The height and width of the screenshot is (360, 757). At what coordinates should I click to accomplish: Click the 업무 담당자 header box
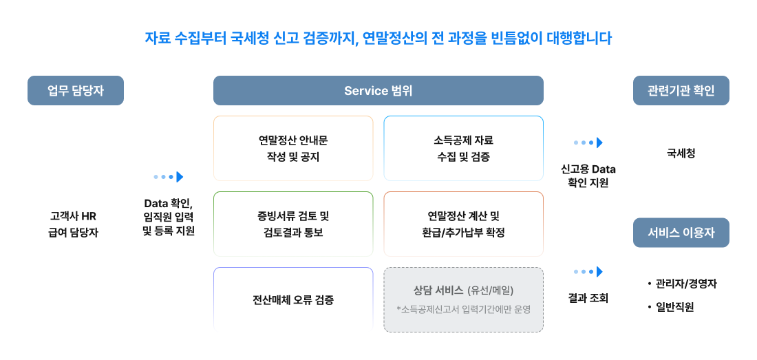coord(75,90)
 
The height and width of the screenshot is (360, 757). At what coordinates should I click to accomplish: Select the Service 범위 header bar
coord(378,90)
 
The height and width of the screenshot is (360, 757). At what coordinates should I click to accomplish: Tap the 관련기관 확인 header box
coord(681,90)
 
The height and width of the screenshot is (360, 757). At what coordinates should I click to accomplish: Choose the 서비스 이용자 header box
coord(681,233)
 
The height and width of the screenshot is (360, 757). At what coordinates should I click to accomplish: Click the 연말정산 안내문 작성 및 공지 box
coord(293,148)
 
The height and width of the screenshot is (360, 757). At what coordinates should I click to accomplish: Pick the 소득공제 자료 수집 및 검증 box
coord(463,148)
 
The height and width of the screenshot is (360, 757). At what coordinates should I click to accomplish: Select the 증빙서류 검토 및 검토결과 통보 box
coord(293,224)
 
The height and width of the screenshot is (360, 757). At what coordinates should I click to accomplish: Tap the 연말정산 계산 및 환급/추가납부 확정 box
coord(463,224)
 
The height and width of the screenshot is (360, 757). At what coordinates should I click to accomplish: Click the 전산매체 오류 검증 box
coord(293,299)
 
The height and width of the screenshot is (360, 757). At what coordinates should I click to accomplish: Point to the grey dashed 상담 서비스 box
coord(463,299)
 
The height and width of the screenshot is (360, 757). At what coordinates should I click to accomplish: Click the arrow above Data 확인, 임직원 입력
coord(169,177)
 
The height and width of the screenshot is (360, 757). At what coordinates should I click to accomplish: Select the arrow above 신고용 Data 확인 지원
coord(588,142)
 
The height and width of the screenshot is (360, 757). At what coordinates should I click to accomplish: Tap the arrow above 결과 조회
coord(588,272)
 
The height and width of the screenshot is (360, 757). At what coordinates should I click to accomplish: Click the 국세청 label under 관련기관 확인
coord(681,154)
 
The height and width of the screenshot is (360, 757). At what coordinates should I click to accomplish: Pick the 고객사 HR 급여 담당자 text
coord(74,224)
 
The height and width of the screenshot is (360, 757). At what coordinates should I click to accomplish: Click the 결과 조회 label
coord(588,299)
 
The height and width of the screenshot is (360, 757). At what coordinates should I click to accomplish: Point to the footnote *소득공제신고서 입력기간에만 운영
coord(463,309)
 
